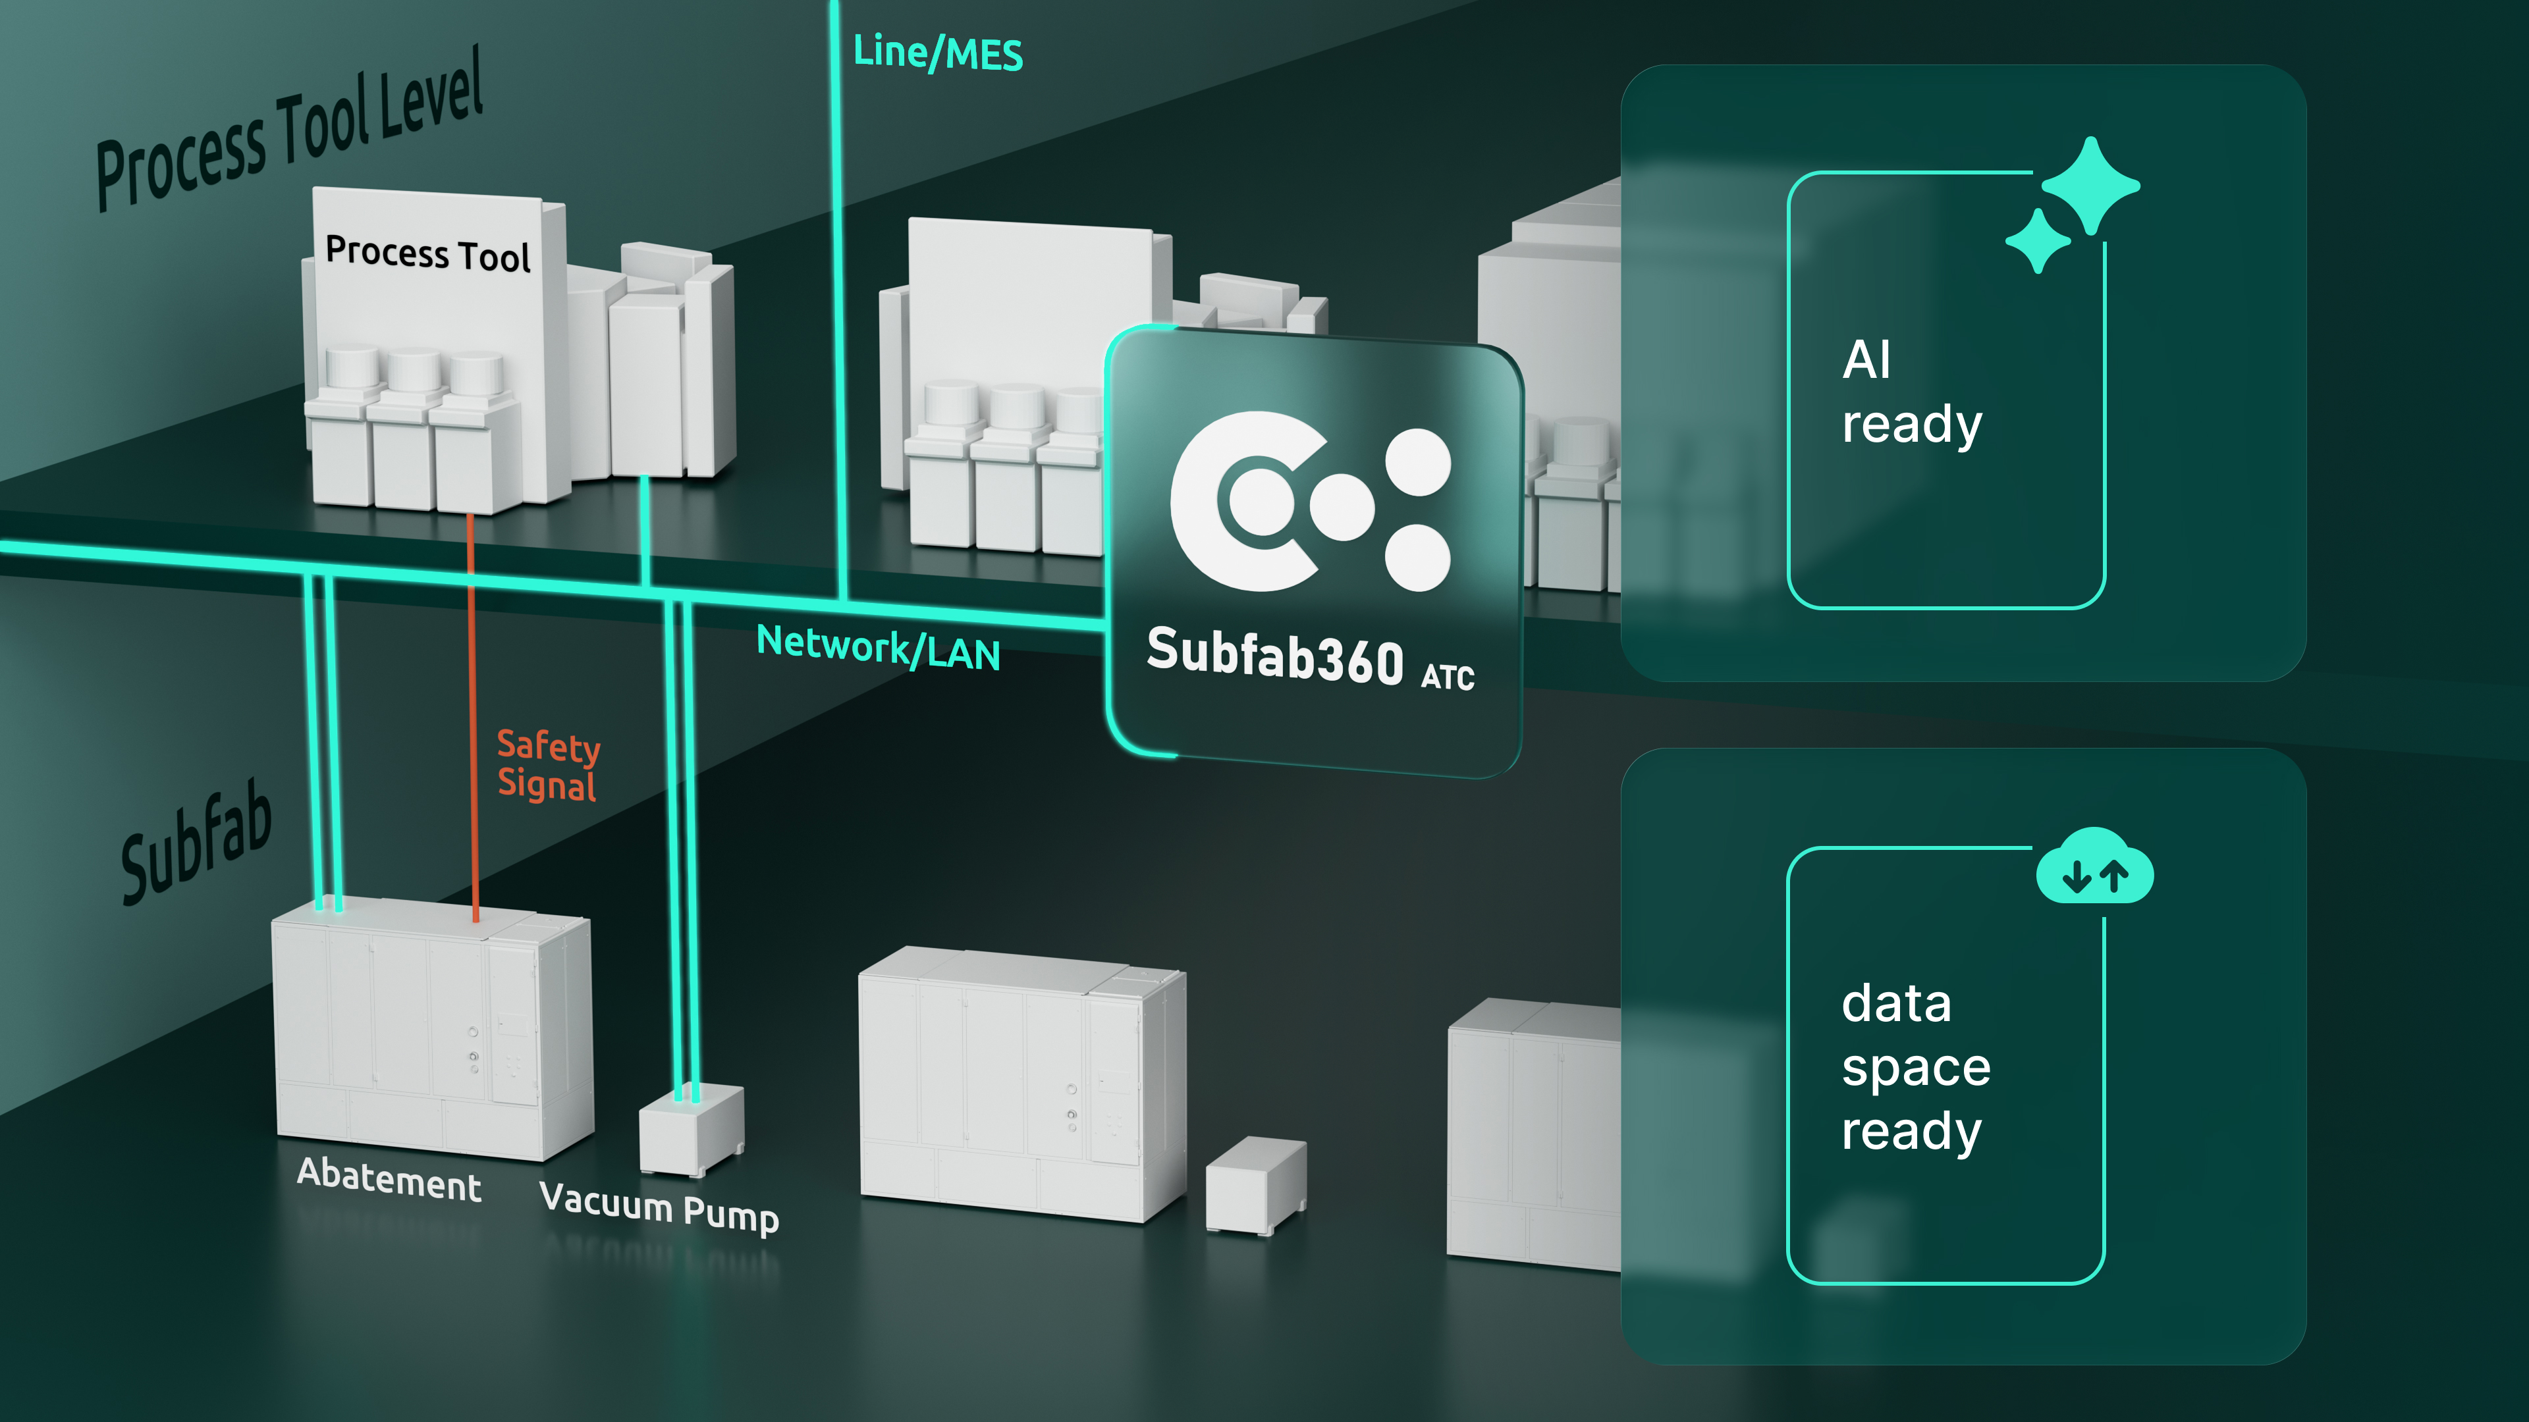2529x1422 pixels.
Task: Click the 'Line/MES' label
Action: coord(938,52)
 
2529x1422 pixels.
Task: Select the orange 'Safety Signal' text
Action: coord(548,766)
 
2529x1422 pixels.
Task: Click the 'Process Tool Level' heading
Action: coord(290,128)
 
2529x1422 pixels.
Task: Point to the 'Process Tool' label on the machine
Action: coord(428,253)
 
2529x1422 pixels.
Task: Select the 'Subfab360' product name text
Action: coord(1275,654)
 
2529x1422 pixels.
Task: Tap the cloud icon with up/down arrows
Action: coord(2095,866)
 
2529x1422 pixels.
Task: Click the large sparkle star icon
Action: coord(2091,186)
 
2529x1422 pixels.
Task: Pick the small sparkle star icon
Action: coord(2038,240)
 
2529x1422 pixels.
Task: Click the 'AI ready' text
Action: coord(1911,392)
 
